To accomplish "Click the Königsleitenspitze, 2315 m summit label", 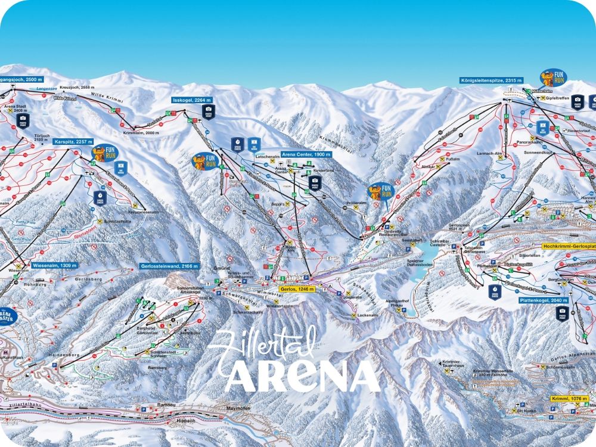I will pos(491,80).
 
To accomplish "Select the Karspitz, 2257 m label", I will pos(72,142).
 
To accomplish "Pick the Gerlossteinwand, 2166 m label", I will pos(169,266).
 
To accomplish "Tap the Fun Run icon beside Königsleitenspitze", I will pos(553,77).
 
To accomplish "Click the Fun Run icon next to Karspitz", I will pos(102,153).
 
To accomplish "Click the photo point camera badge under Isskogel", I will pos(209,112).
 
